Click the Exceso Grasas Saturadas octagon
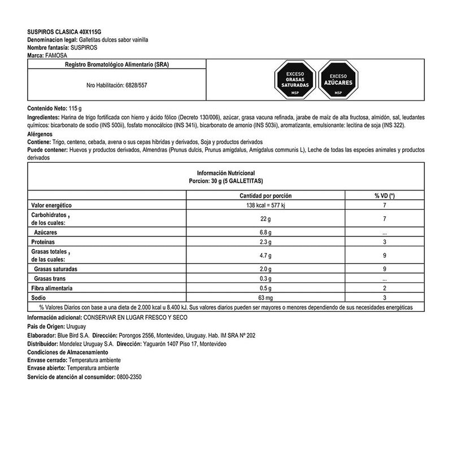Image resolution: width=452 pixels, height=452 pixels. click(x=294, y=80)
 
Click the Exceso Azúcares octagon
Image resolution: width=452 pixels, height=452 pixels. click(x=338, y=80)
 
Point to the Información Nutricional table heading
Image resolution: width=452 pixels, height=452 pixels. click(x=226, y=172)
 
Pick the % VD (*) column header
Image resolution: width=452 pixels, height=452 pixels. click(x=384, y=195)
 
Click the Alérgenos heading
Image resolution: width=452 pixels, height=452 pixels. click(x=42, y=134)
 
